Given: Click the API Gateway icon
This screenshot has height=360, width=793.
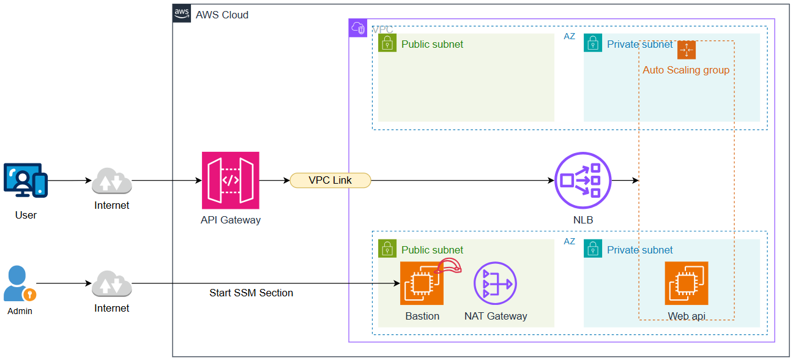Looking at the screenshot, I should [x=231, y=181].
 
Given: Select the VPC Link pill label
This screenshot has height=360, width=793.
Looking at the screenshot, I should [x=330, y=180].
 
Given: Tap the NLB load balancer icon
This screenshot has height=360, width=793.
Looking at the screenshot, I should [x=583, y=181].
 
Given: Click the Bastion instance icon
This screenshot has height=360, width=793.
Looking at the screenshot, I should [x=422, y=283].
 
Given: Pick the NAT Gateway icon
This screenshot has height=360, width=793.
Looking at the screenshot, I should [x=495, y=283].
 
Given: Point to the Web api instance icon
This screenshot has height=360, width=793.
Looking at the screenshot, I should [x=686, y=283].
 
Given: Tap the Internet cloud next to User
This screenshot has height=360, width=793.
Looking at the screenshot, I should [x=111, y=181].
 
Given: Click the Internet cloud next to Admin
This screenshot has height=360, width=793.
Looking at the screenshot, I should [x=111, y=284].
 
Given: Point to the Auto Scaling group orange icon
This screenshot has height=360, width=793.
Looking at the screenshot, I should [x=687, y=50].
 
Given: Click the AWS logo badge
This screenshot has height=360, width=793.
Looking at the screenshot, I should [x=182, y=13].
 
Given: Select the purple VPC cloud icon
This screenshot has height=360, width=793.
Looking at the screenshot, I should [x=358, y=28].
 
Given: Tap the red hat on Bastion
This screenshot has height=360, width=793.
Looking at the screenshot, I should [x=449, y=266].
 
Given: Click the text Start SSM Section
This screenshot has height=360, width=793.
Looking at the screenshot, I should [x=251, y=293].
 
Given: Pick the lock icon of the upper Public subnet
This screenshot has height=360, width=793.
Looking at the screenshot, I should [x=387, y=43].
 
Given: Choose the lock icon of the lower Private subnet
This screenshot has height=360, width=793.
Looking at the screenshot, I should [x=593, y=249].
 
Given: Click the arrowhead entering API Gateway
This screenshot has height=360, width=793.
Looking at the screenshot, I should [x=198, y=181].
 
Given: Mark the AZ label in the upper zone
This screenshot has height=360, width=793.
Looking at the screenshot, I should [x=569, y=36].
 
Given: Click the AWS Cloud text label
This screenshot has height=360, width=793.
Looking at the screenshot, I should [x=222, y=15].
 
